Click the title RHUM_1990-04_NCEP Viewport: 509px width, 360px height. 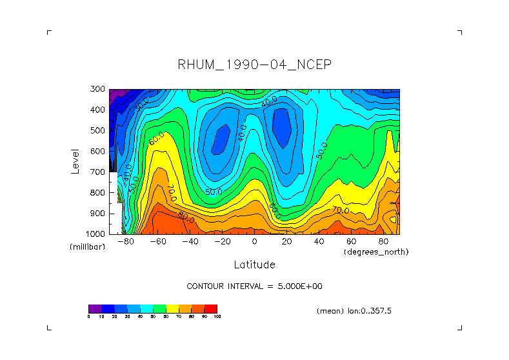(x=254, y=65)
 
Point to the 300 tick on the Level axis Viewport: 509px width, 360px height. (x=99, y=90)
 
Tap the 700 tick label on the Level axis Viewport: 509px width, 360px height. (x=99, y=172)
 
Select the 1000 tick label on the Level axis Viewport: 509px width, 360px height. (x=97, y=234)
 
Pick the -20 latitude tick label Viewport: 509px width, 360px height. (x=222, y=241)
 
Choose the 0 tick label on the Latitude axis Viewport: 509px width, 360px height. (x=254, y=241)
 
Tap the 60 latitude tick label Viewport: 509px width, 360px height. (x=351, y=241)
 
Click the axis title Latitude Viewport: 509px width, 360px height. (x=254, y=265)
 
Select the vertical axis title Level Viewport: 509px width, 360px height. (x=75, y=161)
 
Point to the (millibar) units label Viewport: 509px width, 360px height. (x=87, y=247)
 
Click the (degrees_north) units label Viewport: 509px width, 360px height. (x=376, y=252)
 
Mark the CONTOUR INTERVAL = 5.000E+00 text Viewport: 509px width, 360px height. (x=254, y=286)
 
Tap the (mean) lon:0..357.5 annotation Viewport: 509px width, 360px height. (x=354, y=311)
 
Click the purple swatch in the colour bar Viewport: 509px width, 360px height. (x=95, y=308)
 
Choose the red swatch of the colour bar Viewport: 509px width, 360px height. (x=211, y=308)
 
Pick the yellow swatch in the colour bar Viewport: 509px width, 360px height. (x=172, y=308)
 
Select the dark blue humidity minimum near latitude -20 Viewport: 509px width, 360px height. (x=221, y=137)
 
